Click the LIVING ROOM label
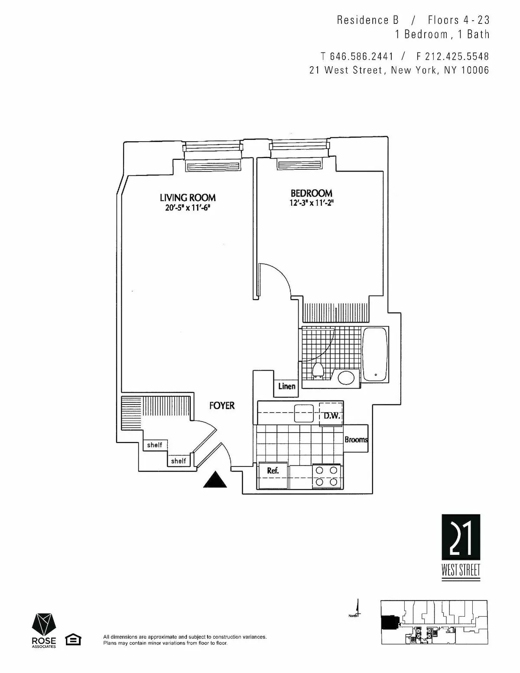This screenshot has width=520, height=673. (188, 197)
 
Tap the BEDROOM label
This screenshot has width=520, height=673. (311, 193)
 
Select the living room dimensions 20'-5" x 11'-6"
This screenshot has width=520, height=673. (188, 208)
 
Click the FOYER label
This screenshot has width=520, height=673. (222, 405)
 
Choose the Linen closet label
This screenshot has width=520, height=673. (286, 386)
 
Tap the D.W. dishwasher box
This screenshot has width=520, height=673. (331, 416)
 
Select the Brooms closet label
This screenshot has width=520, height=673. (356, 439)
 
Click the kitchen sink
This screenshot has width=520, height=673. (304, 413)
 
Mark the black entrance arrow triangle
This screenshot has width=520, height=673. (215, 480)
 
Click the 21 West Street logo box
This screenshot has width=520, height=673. (461, 537)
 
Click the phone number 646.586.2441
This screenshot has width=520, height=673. (361, 56)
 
